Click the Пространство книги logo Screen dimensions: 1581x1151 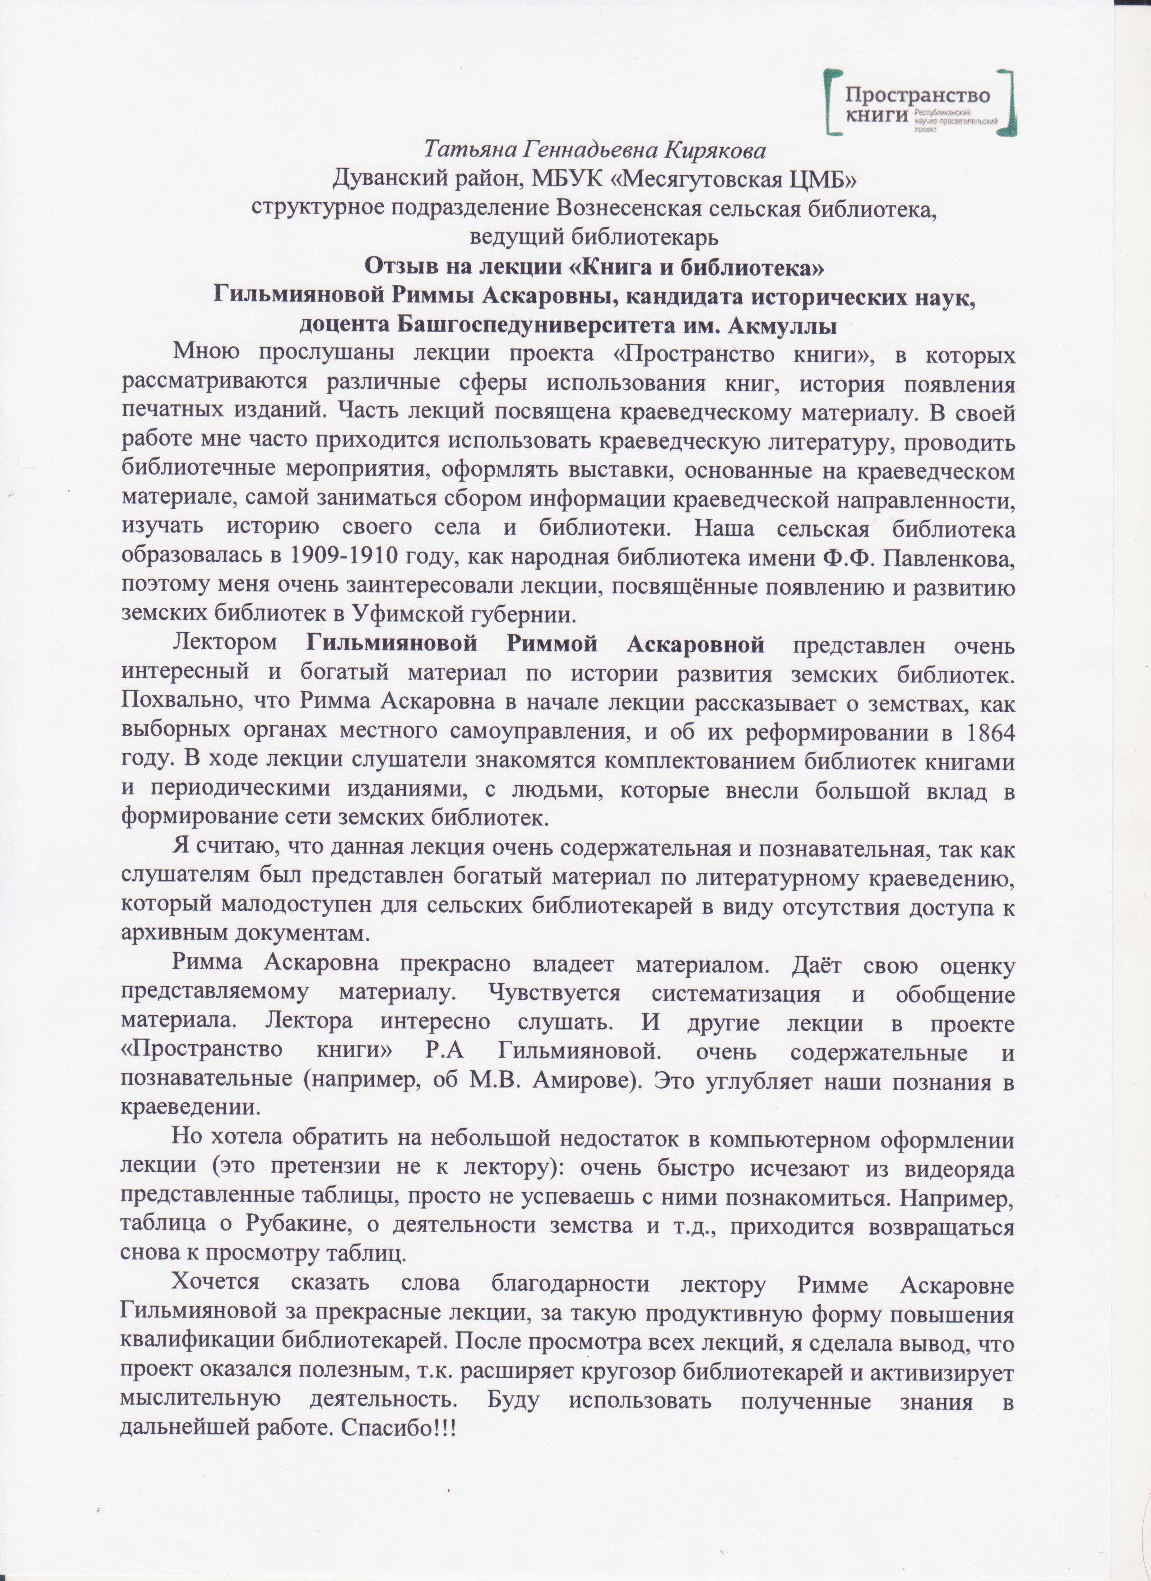[x=918, y=102]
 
